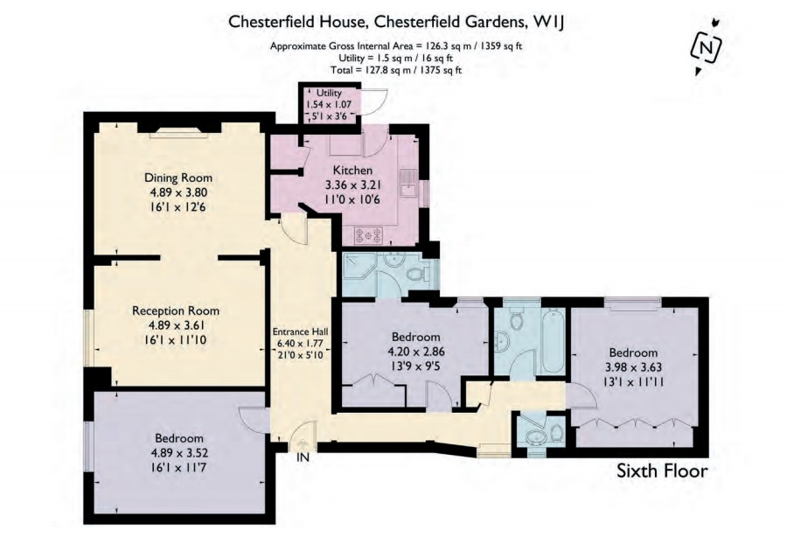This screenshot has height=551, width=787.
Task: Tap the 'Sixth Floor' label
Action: tap(662, 471)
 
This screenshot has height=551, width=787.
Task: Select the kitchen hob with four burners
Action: tap(368, 234)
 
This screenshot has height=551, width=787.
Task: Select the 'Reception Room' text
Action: tap(176, 310)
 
